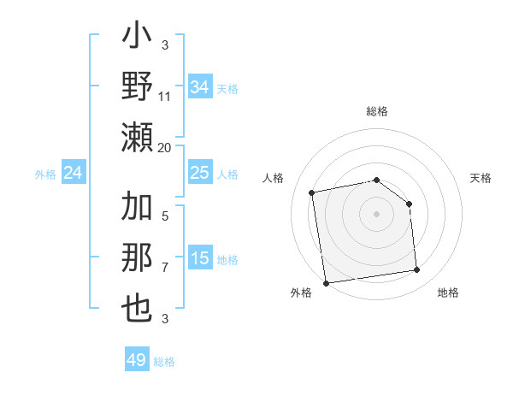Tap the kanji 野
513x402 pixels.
pos(138,88)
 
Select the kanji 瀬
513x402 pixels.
pos(138,137)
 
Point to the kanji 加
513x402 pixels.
pos(138,209)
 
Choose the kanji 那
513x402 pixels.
pos(138,259)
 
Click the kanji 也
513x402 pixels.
pos(138,308)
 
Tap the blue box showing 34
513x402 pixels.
pos(200,87)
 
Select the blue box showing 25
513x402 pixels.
pos(200,174)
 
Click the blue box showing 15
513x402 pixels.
pos(200,258)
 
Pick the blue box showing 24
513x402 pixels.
pos(74,174)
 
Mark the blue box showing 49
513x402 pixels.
pos(137,360)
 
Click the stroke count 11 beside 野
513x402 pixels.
pos(165,96)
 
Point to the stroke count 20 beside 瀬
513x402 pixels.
pos(165,147)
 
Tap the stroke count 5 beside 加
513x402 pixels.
pos(165,216)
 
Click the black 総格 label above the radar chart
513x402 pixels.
pos(377,111)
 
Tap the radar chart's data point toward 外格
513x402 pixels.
pos(326,282)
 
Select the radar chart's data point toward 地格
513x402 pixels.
pos(417,270)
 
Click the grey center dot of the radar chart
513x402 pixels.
pos(377,213)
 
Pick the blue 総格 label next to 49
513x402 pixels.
pos(164,362)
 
